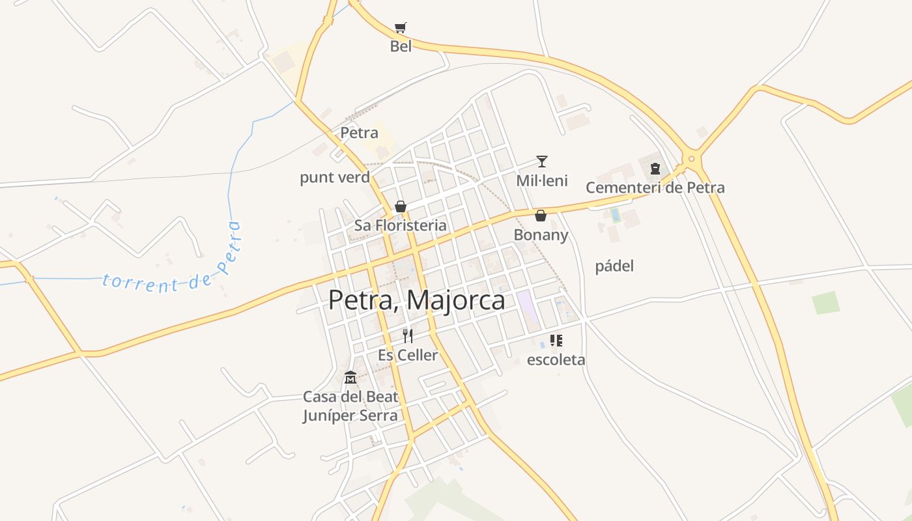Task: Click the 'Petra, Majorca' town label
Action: [416, 300]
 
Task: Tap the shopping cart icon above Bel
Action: [401, 27]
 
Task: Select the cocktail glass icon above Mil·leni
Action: [542, 162]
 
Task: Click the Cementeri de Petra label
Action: [655, 188]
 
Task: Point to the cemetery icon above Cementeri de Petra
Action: [655, 169]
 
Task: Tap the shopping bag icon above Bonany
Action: [541, 216]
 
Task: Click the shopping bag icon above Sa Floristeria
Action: [401, 206]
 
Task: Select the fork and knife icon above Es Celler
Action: [408, 336]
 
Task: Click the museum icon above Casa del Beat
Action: [350, 378]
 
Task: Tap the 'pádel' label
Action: [614, 266]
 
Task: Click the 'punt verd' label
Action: [335, 177]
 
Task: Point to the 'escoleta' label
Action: [556, 359]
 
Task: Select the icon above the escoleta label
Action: [556, 340]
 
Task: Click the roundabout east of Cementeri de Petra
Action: [691, 158]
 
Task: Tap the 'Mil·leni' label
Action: [542, 180]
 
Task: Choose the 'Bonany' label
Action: [541, 234]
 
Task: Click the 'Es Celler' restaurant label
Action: [408, 355]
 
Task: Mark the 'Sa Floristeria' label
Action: [401, 225]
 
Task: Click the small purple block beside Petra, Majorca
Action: [528, 307]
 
